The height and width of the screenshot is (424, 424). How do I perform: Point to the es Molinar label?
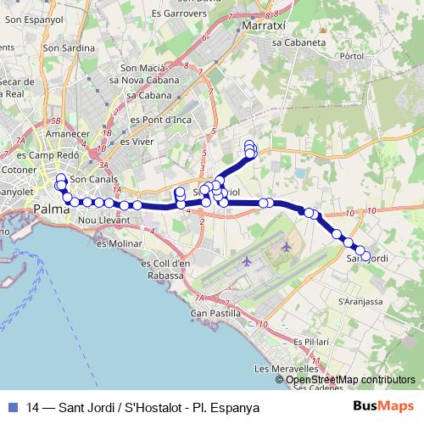point(119,243)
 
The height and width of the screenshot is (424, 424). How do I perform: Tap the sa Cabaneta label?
point(299,41)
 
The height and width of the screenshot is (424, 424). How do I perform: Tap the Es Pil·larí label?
point(310,341)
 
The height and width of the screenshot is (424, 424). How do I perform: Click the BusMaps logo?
point(383,408)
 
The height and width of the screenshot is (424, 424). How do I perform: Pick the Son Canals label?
point(93,180)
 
